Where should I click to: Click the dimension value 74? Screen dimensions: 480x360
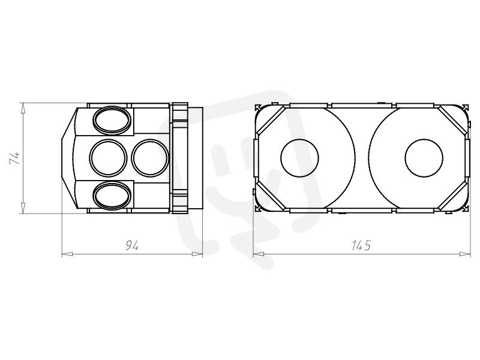(14, 158)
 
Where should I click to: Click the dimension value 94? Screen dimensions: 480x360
(132, 245)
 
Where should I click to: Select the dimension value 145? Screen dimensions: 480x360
(361, 245)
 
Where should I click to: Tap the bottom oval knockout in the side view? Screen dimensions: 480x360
(112, 196)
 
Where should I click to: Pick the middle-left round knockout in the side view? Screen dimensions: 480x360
(109, 158)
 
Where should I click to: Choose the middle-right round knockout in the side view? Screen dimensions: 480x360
(150, 158)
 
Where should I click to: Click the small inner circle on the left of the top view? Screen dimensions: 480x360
(299, 158)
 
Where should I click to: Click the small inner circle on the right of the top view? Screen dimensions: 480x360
(424, 158)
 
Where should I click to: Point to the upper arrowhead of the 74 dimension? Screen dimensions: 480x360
(23, 109)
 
